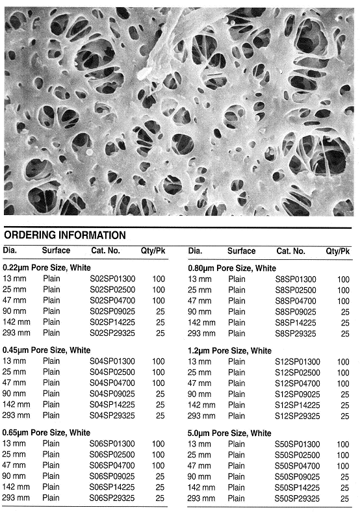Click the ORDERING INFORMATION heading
point(65,235)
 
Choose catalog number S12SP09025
point(298,394)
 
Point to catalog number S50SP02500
point(298,455)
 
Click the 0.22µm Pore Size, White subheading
point(47,268)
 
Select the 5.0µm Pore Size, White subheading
point(230,433)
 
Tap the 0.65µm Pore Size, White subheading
point(47,432)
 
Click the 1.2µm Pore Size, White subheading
point(230,350)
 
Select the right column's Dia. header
point(196,251)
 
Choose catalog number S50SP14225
point(298,487)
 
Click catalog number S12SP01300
point(298,361)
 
